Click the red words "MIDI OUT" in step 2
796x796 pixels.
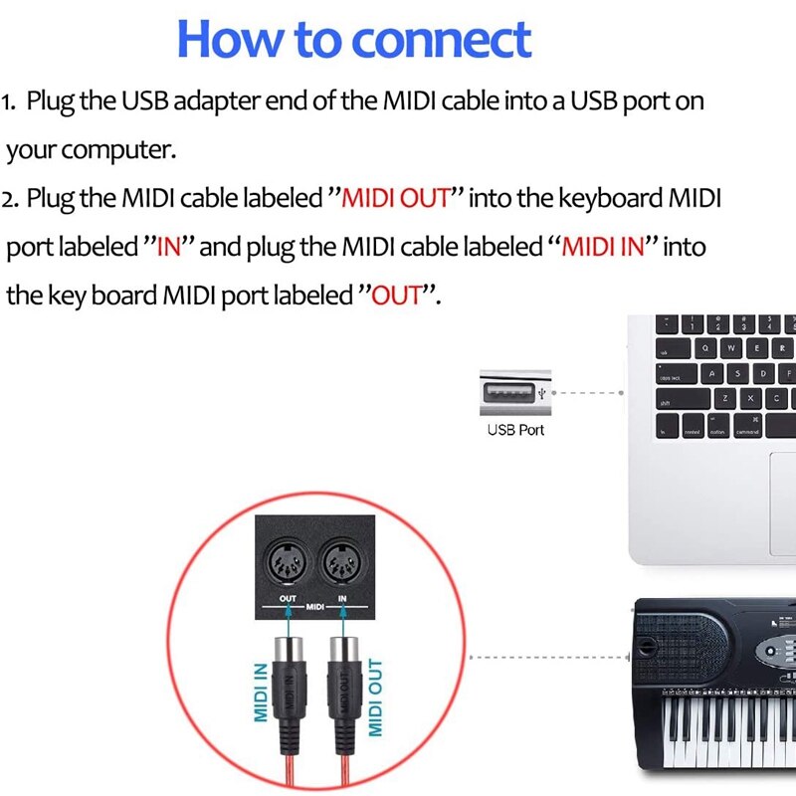pos(396,197)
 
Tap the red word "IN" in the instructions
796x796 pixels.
pos(168,246)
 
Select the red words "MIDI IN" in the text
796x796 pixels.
pos(604,246)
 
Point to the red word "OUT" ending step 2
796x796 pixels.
pos(397,296)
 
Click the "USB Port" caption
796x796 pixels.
pos(515,430)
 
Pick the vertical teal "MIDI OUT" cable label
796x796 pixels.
pos(376,696)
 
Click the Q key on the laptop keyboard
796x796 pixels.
pos(705,349)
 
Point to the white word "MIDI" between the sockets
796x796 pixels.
pos(315,606)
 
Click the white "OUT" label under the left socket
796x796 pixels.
pos(288,598)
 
